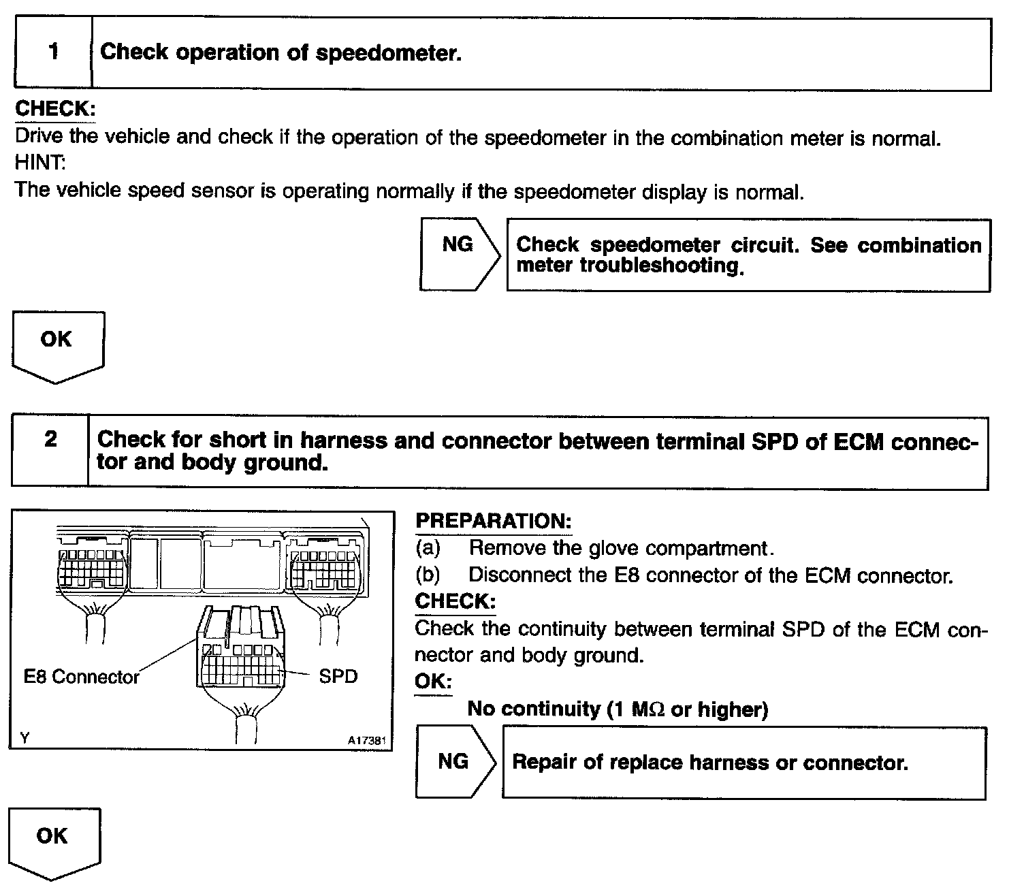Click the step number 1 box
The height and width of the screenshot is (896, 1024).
[53, 53]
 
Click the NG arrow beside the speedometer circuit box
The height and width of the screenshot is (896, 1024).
[459, 253]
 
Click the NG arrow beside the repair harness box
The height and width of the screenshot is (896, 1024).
[455, 762]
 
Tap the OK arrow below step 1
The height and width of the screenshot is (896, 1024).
[57, 345]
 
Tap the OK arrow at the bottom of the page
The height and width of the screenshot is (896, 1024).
[53, 842]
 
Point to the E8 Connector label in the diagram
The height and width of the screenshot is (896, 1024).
[81, 677]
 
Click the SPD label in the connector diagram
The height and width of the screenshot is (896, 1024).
[338, 676]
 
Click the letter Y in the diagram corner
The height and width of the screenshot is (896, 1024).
[25, 737]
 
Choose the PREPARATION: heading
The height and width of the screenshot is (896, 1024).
[493, 522]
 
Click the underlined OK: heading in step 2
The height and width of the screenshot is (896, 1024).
[433, 682]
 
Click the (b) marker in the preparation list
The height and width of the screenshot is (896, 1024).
[428, 575]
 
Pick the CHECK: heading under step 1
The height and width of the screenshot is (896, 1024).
[55, 109]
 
